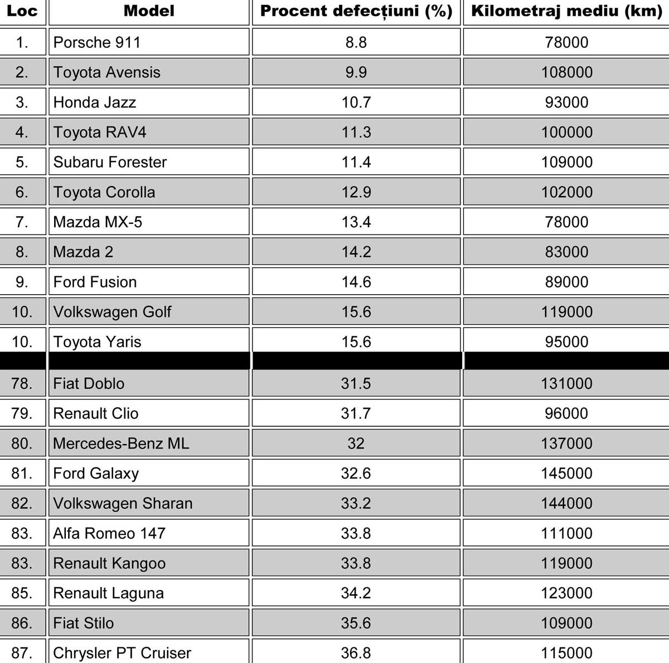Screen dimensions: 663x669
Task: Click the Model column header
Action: click(149, 11)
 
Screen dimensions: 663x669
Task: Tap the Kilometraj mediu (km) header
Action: click(566, 11)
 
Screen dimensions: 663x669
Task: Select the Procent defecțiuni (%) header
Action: click(356, 11)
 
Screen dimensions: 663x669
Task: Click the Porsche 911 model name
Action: click(97, 42)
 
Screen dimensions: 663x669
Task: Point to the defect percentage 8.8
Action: click(356, 42)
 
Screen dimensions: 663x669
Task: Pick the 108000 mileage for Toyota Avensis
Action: click(566, 72)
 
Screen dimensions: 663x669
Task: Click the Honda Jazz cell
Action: click(95, 103)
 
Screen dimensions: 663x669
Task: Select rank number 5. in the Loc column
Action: click(22, 162)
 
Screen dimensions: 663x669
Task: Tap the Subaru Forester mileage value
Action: click(566, 162)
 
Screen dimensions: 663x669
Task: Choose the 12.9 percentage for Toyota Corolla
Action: click(356, 192)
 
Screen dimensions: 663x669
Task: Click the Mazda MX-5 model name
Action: click(98, 222)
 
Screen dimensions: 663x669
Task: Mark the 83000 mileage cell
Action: click(566, 252)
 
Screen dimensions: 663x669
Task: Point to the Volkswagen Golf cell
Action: click(113, 312)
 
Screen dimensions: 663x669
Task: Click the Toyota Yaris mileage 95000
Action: click(566, 342)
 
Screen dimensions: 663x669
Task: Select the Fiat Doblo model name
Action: click(89, 383)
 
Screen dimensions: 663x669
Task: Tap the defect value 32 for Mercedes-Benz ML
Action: click(356, 443)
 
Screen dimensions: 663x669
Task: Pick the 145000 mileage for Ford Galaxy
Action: click(566, 474)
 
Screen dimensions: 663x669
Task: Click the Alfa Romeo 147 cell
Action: click(109, 533)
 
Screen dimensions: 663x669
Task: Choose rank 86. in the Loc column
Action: click(22, 623)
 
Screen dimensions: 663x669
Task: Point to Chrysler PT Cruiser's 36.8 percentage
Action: click(356, 652)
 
